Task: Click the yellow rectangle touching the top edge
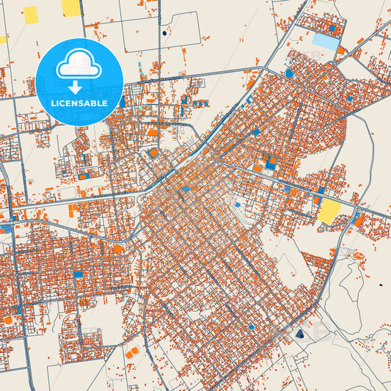click(71, 7)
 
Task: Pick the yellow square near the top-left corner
click(30, 15)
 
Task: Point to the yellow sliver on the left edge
click(2, 40)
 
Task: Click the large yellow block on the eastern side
click(329, 212)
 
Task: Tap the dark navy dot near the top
click(164, 32)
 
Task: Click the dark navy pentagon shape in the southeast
click(299, 335)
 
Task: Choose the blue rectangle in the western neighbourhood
click(77, 274)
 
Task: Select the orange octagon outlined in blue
click(153, 153)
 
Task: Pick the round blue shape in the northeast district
click(289, 73)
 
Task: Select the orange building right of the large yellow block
click(358, 219)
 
